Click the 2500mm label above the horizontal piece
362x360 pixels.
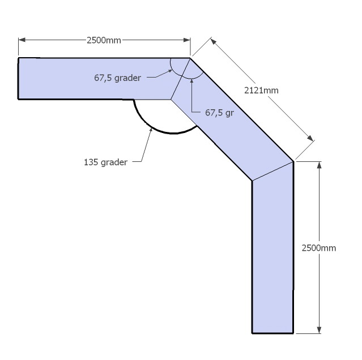coord(104,40)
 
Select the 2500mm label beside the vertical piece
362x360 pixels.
coord(319,248)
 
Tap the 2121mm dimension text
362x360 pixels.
coord(261,91)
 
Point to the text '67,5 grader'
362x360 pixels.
coord(117,78)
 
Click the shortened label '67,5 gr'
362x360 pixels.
coord(220,113)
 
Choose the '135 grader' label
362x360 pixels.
coord(105,162)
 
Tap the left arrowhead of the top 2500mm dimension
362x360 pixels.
coord(22,40)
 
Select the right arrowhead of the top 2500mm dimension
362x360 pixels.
coord(187,40)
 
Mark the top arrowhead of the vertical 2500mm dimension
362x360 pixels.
coord(319,165)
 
